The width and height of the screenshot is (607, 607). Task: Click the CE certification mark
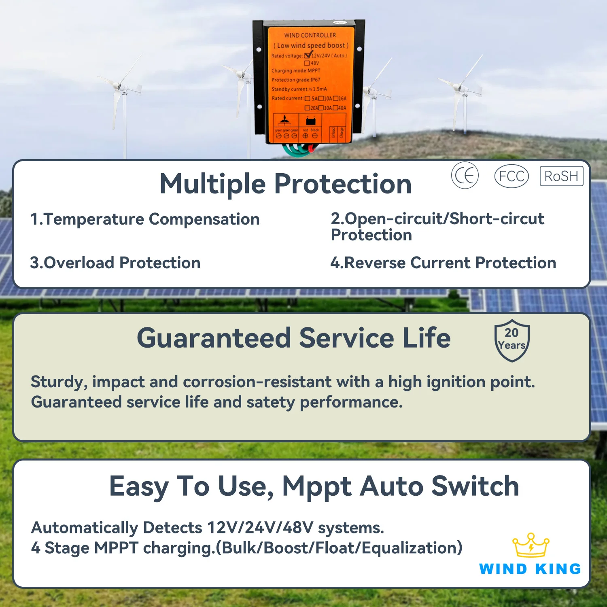click(x=465, y=175)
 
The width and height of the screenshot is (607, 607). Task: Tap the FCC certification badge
click(x=511, y=176)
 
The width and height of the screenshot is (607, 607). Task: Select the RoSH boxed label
click(x=561, y=176)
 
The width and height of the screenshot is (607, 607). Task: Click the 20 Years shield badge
click(x=512, y=340)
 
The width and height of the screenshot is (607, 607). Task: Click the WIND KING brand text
click(x=530, y=569)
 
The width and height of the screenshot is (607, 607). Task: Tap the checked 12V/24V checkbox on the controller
click(x=308, y=55)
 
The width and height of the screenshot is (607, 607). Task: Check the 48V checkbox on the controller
click(x=307, y=63)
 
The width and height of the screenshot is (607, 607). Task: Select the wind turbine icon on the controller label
click(x=285, y=120)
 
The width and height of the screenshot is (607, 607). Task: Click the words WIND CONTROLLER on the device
click(x=310, y=35)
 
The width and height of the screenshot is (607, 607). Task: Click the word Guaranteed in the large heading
click(x=214, y=338)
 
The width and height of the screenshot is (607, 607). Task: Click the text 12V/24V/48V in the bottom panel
click(x=260, y=528)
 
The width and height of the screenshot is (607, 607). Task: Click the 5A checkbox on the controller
click(x=308, y=98)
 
